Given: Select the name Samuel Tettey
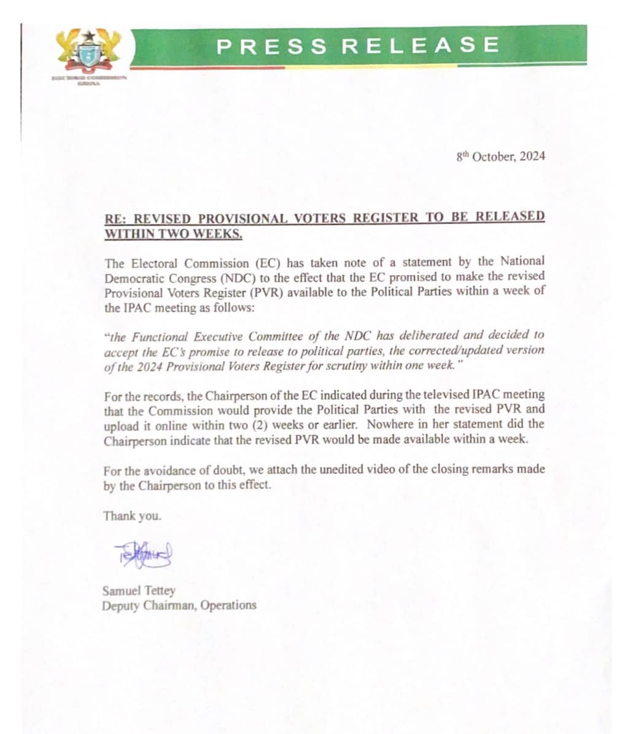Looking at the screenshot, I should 139,591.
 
